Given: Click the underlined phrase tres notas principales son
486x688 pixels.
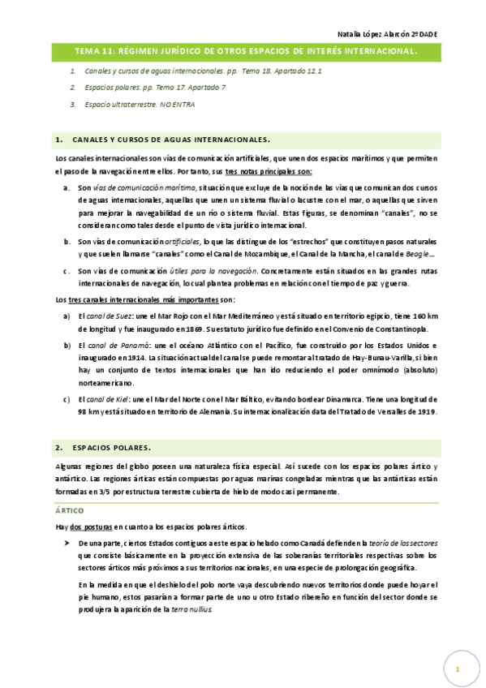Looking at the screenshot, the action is pos(269,173).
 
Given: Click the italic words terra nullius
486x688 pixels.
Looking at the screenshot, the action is pos(192,608).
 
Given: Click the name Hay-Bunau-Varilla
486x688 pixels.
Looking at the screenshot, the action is pos(369,359).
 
